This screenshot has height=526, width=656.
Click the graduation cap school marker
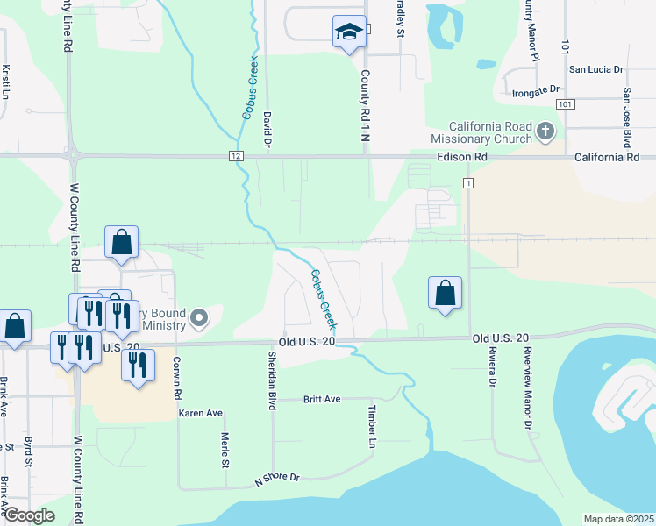click(349, 32)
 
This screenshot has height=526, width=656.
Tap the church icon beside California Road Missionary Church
click(545, 131)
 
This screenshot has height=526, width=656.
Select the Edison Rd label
click(461, 156)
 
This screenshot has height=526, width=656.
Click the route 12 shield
click(237, 156)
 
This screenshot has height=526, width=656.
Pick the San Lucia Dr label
click(595, 69)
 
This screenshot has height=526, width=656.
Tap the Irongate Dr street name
click(536, 90)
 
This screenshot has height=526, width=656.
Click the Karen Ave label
click(201, 412)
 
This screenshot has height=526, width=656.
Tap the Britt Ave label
click(321, 399)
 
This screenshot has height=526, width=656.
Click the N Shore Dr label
click(277, 479)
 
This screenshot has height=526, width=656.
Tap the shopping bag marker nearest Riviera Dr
click(446, 293)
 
